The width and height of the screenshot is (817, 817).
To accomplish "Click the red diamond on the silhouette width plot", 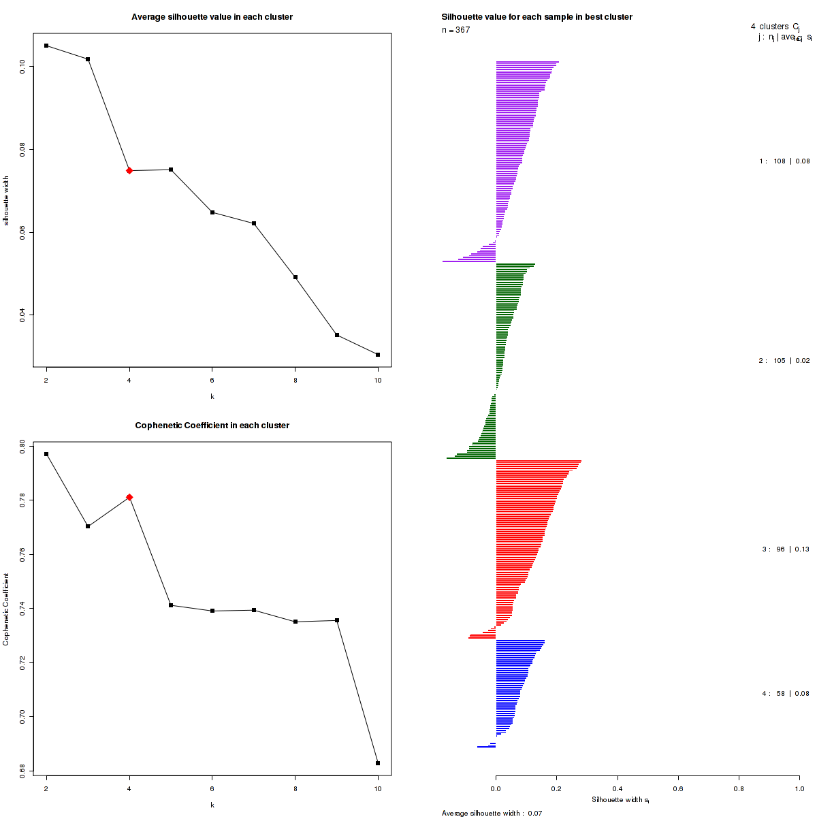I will [x=129, y=170].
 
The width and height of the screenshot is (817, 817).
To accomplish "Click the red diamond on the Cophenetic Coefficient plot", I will [x=129, y=497].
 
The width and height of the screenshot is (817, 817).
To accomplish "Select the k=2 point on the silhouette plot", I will [x=46, y=46].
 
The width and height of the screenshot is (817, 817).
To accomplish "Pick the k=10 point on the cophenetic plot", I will [x=378, y=763].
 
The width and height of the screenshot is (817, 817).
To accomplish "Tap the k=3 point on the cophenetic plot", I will [x=88, y=526].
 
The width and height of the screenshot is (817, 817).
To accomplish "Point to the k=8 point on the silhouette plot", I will [x=295, y=277].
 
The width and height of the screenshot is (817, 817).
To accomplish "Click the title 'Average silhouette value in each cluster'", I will [x=212, y=17].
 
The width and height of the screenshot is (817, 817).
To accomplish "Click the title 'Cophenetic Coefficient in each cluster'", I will [x=212, y=426].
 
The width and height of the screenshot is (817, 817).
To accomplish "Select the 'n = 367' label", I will [x=455, y=30].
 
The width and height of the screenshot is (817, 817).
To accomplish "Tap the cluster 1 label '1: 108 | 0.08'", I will [x=784, y=161].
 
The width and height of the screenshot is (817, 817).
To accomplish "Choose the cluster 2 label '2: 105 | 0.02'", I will [x=784, y=360].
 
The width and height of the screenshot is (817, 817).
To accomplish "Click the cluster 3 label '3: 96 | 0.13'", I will [x=786, y=549].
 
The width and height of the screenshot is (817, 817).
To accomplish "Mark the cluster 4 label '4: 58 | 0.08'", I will [x=786, y=694].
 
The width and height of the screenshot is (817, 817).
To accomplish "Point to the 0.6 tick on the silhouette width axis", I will [x=678, y=788].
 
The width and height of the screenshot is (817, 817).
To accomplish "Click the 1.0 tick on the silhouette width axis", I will [x=799, y=788].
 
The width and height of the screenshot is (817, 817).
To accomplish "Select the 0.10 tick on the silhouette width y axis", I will [x=22, y=66].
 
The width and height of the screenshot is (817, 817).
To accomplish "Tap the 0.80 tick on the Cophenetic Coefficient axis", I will [x=22, y=447].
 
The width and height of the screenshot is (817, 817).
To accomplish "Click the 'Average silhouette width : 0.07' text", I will [x=492, y=813].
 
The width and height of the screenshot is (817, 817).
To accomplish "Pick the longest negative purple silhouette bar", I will [x=469, y=261].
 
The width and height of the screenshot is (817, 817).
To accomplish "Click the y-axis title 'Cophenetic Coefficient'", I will [x=6, y=609].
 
